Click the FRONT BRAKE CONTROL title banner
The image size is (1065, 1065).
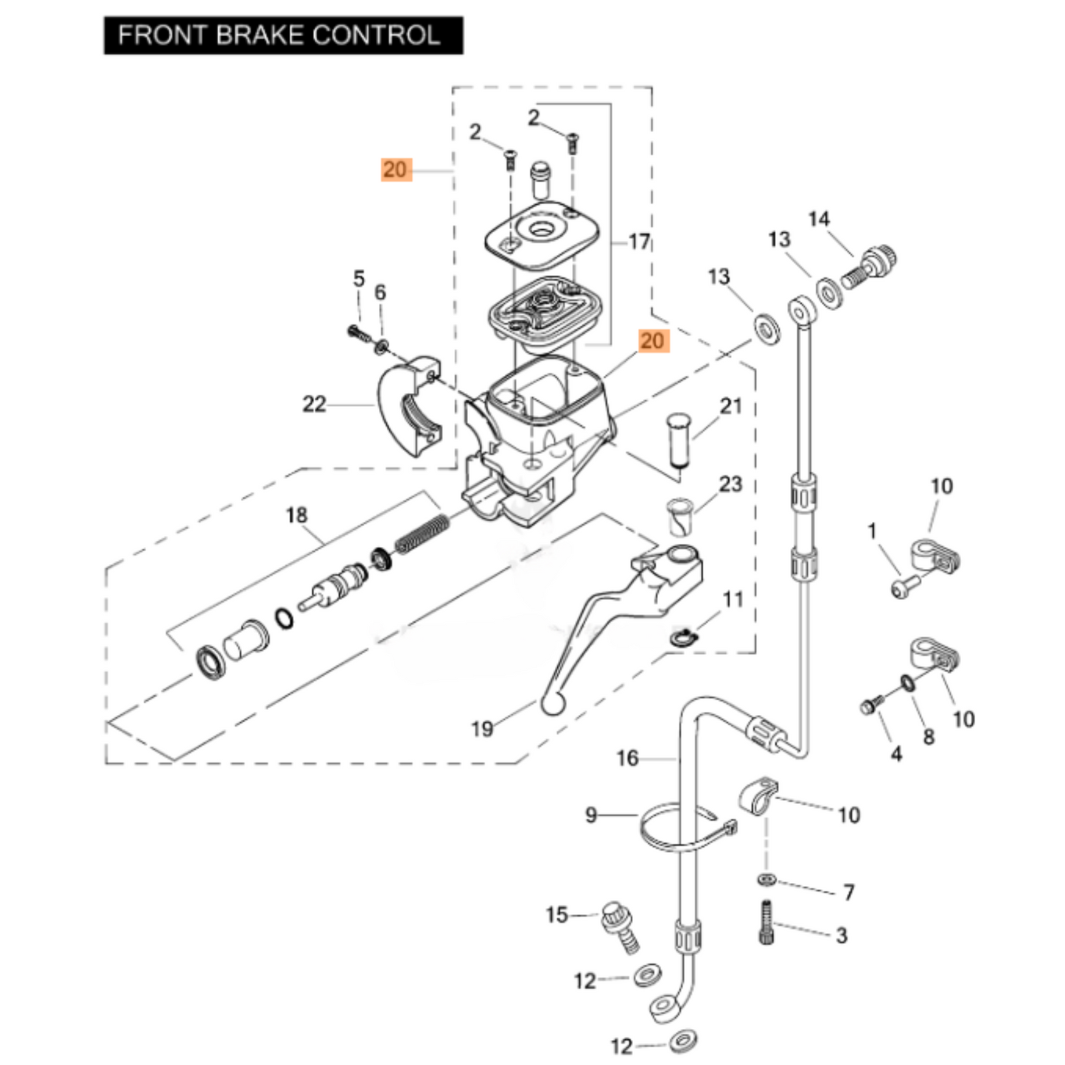pyautogui.click(x=283, y=35)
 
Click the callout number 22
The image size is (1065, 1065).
pyautogui.click(x=314, y=404)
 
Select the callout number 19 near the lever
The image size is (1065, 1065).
pyautogui.click(x=482, y=729)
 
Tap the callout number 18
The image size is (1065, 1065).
pyautogui.click(x=296, y=514)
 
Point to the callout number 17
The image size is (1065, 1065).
pyautogui.click(x=639, y=241)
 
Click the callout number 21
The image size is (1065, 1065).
pyautogui.click(x=730, y=405)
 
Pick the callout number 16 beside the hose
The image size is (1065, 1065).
pyautogui.click(x=627, y=758)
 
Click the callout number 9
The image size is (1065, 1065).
pyautogui.click(x=590, y=815)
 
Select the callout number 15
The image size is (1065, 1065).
pyautogui.click(x=556, y=915)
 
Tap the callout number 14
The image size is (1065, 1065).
pyautogui.click(x=818, y=219)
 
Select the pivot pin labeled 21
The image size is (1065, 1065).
pyautogui.click(x=677, y=441)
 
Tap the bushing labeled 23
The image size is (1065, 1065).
pyautogui.click(x=679, y=518)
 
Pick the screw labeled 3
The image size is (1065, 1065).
pyautogui.click(x=766, y=922)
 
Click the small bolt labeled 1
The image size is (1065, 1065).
pyautogui.click(x=905, y=587)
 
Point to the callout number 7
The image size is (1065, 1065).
pyautogui.click(x=848, y=892)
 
